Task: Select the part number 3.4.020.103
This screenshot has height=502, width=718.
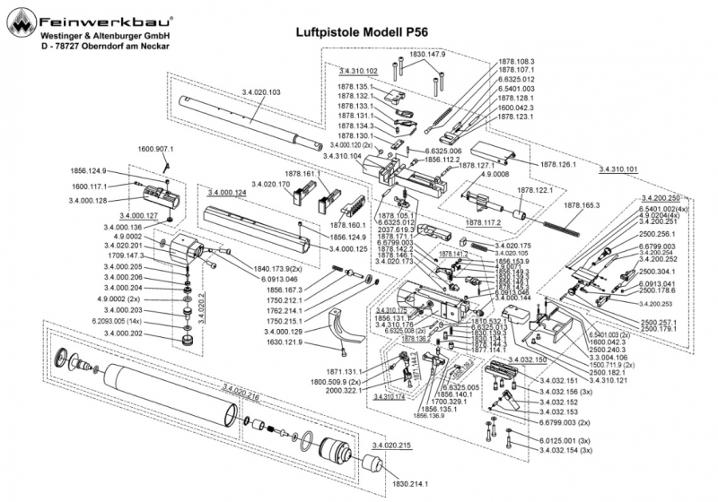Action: (261, 92)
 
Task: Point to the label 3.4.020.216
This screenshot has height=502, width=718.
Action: (241, 392)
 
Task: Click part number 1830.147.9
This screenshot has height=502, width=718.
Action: (429, 54)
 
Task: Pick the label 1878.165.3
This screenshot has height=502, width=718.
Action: (582, 205)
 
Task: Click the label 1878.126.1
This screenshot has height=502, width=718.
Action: (560, 166)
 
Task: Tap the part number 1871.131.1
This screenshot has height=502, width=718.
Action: (342, 370)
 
